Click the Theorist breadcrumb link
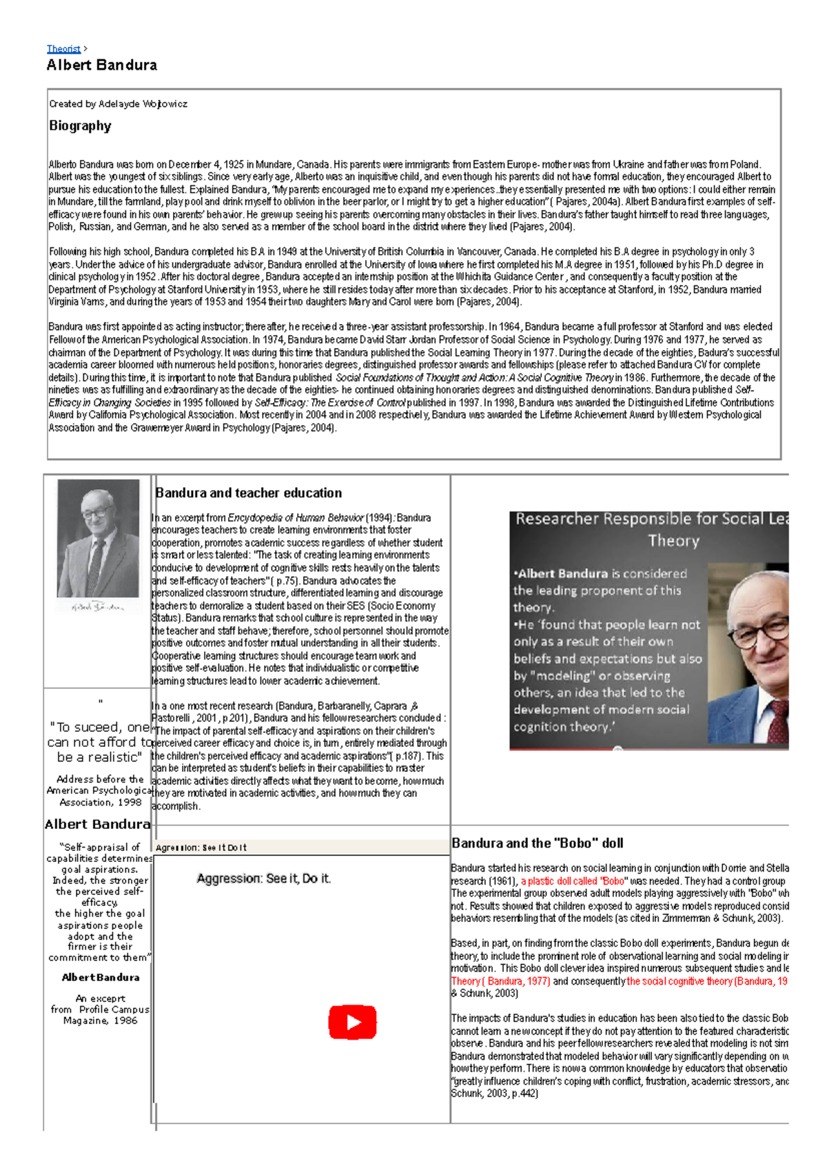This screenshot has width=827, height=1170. [x=63, y=49]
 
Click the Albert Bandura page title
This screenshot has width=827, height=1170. [x=102, y=65]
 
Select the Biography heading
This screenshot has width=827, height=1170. [x=80, y=126]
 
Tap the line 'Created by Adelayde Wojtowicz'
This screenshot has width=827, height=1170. [x=118, y=104]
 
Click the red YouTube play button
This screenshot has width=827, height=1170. [x=352, y=1022]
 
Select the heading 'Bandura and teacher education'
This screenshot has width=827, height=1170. [x=249, y=493]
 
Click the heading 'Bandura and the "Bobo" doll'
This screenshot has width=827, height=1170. [x=538, y=843]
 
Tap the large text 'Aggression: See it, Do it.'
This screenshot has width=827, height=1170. [x=264, y=879]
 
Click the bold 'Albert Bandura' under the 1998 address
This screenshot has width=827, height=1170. [x=97, y=824]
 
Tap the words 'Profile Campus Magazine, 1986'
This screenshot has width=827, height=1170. [x=101, y=1015]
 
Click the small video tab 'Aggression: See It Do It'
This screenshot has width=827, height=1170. [x=201, y=848]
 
